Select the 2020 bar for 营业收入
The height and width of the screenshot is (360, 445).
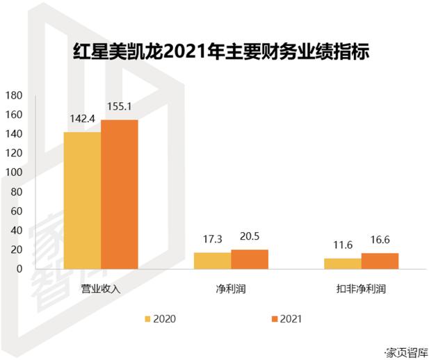point(82,200)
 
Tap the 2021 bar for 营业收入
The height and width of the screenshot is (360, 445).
point(119,195)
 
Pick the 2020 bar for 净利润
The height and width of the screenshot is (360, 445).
point(212,261)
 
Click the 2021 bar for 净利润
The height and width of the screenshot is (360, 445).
point(249,259)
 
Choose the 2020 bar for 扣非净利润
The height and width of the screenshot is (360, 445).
point(343,263)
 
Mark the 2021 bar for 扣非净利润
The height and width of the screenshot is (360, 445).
point(380,261)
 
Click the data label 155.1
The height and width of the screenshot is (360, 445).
point(120,107)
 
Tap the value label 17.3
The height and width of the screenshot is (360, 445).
point(212,239)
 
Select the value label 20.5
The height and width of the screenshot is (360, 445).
point(249,236)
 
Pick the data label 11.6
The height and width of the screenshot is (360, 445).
point(343,245)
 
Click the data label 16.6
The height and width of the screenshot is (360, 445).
point(380,240)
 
